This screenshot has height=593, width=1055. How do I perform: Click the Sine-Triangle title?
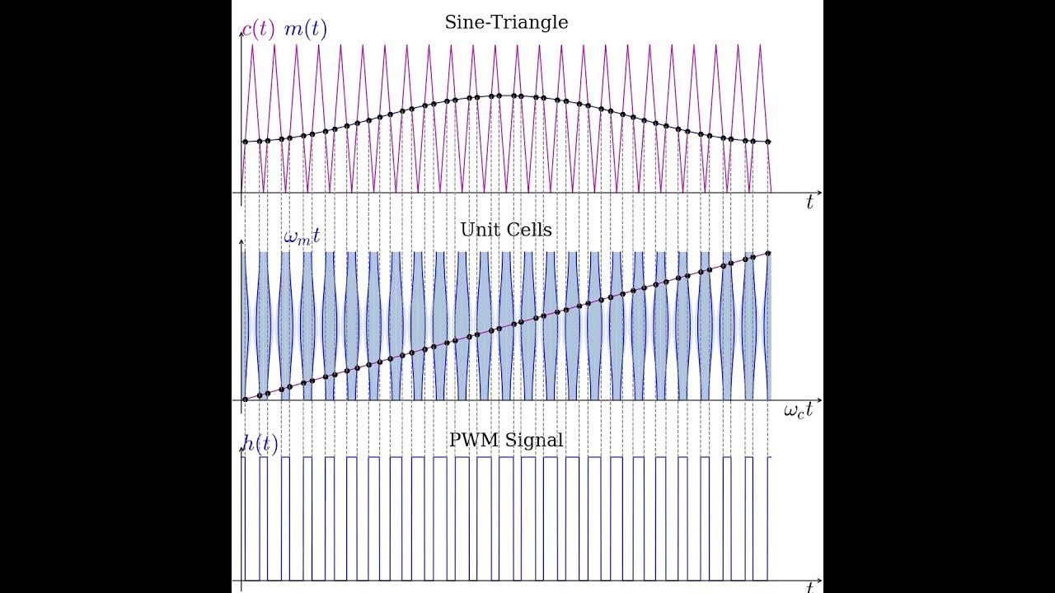click(x=506, y=22)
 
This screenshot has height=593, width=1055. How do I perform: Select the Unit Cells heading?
click(x=506, y=230)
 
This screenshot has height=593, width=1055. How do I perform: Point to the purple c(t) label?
click(x=258, y=30)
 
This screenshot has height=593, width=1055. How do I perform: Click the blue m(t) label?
click(x=305, y=30)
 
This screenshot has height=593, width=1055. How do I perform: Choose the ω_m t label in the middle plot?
click(x=302, y=236)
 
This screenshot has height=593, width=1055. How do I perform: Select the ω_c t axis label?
click(x=798, y=409)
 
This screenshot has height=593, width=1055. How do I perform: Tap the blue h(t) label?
click(x=260, y=443)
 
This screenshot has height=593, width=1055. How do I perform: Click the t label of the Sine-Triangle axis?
click(x=809, y=203)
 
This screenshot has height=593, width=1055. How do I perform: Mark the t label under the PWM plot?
click(x=809, y=587)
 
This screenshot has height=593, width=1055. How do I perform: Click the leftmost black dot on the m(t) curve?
click(x=245, y=142)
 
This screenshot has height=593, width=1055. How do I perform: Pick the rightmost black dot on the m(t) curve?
click(x=768, y=142)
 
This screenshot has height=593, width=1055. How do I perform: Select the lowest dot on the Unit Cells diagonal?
click(x=245, y=399)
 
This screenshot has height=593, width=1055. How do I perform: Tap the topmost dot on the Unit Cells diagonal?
click(x=768, y=253)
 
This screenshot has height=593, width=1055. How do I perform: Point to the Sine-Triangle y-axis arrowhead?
click(x=241, y=40)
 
